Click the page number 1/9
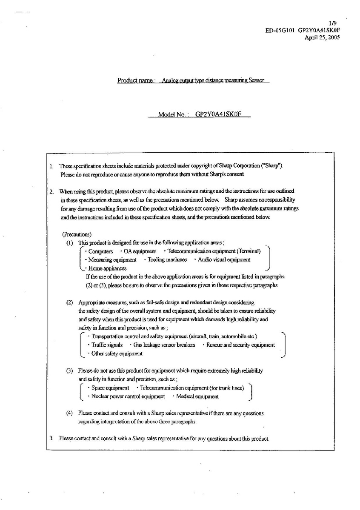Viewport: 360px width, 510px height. click(333, 22)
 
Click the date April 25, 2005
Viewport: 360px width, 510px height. click(322, 37)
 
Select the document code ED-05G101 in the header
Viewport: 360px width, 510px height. click(280, 30)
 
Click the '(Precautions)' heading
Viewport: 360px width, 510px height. click(77, 234)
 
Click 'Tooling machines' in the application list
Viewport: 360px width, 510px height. click(167, 259)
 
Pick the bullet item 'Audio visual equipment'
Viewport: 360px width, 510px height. click(224, 259)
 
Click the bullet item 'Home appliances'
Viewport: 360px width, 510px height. click(107, 268)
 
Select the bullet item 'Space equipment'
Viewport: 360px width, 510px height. click(110, 388)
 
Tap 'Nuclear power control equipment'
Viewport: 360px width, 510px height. click(128, 396)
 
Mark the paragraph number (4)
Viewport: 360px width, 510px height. click(69, 413)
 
